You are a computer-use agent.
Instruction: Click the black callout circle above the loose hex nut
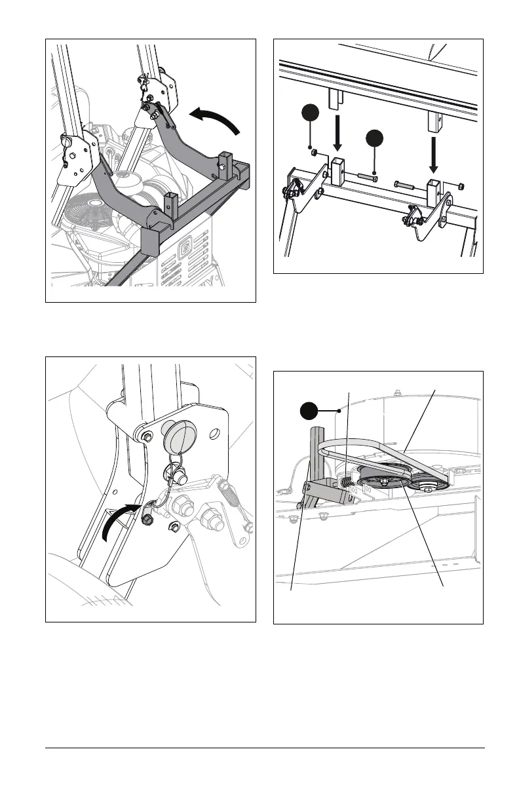[x=310, y=113]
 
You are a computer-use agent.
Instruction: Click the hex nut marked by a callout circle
[x=314, y=153]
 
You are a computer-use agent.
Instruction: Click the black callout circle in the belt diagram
[x=309, y=411]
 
